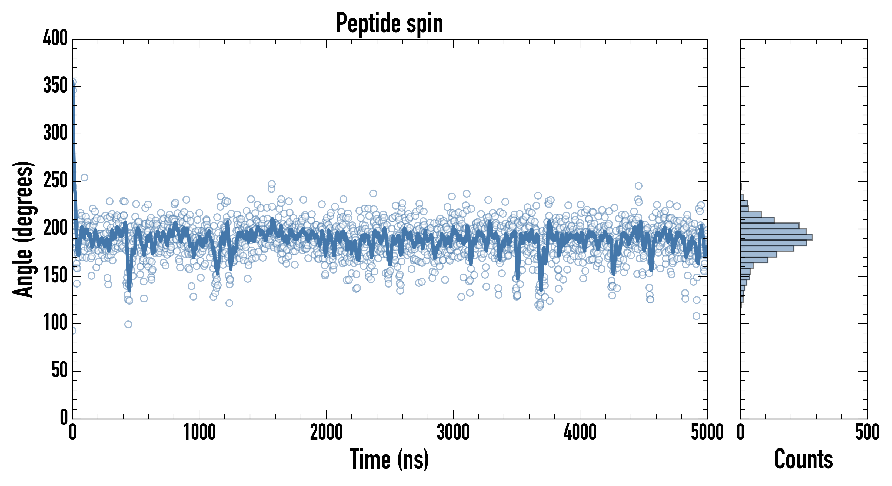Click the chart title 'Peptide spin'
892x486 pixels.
click(x=390, y=23)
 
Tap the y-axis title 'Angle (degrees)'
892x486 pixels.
click(x=23, y=229)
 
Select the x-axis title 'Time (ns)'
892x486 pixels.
click(x=390, y=459)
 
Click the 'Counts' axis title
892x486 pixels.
click(x=803, y=459)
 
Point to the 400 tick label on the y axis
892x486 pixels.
click(x=55, y=38)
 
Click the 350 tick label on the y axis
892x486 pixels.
click(x=55, y=86)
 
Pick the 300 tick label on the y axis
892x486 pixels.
click(x=55, y=133)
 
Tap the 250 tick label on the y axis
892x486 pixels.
click(x=55, y=181)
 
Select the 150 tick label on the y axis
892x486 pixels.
click(x=55, y=276)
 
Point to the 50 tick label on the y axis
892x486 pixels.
click(x=59, y=370)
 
